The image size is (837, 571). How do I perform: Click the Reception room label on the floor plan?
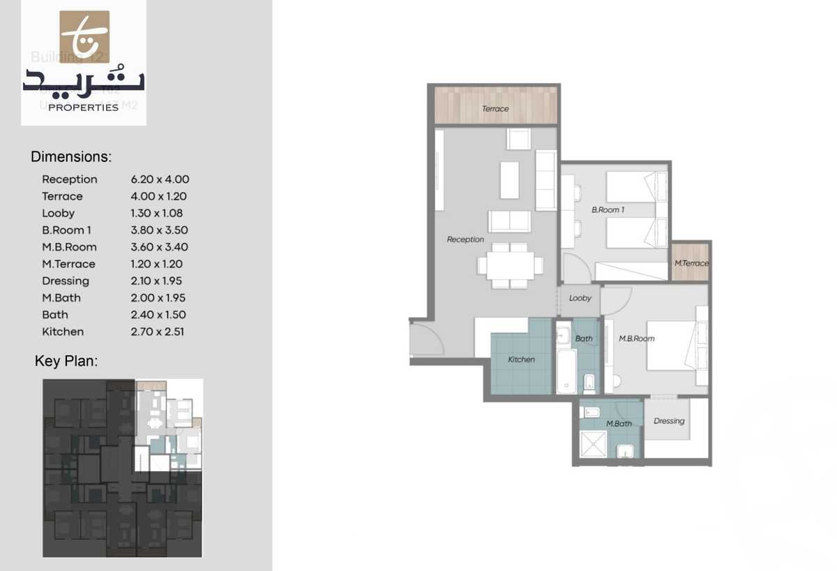point(465,239)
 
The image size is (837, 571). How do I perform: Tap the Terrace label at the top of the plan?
point(495,109)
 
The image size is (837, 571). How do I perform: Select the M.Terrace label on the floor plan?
point(691,263)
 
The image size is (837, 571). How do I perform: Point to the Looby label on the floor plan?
point(580,298)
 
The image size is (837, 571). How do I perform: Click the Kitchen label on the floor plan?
point(521,359)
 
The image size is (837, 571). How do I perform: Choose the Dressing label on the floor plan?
point(669,421)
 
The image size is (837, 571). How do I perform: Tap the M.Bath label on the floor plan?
point(619,424)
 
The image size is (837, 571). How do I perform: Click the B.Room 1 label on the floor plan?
point(608,209)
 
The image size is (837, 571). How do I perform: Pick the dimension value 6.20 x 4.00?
point(160,179)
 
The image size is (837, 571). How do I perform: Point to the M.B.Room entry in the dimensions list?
point(69,247)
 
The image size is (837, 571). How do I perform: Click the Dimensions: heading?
point(71,157)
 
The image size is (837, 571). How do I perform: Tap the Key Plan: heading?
point(66,362)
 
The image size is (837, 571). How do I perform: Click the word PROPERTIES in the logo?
point(84,107)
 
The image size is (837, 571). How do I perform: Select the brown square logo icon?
point(84,36)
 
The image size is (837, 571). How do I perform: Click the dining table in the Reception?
point(510,265)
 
